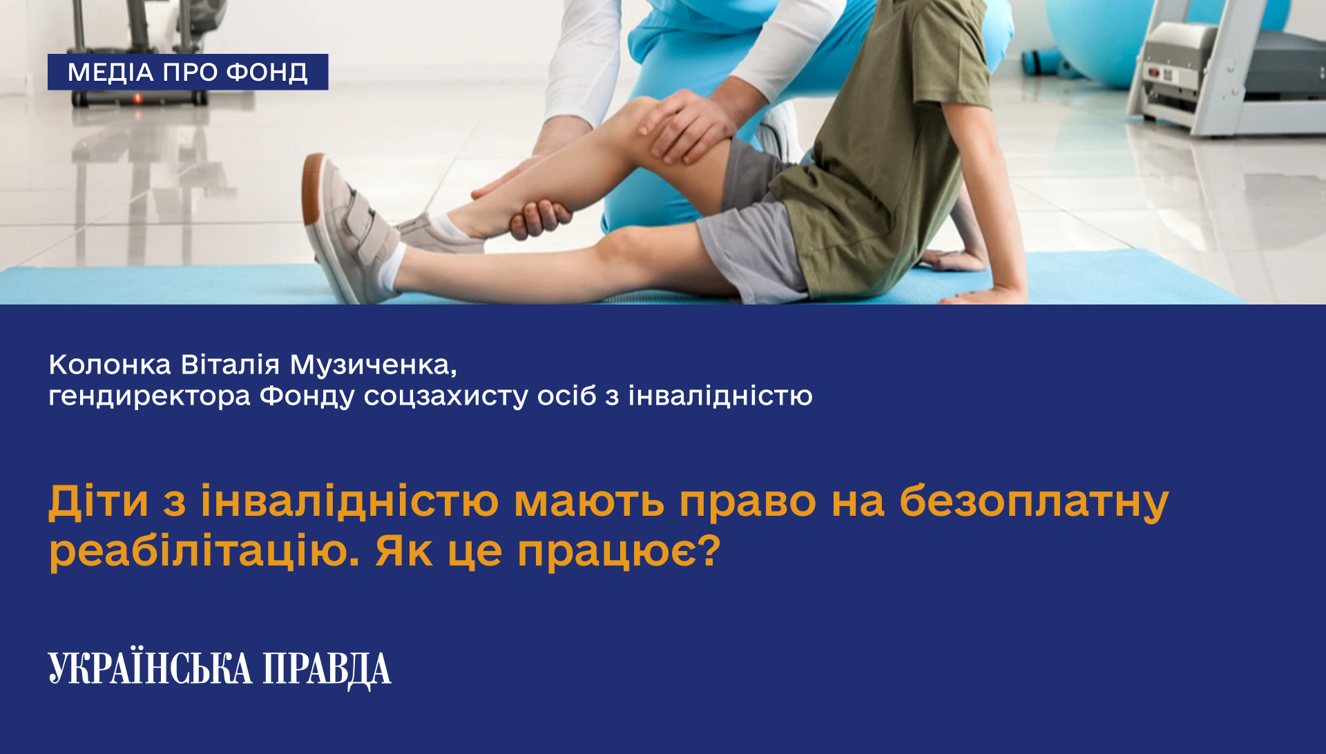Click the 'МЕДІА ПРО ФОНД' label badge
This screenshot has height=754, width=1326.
(188, 72)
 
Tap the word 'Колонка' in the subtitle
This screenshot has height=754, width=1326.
(110, 365)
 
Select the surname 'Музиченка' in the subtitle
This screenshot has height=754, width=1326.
(373, 365)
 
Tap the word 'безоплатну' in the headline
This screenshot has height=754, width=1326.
(1034, 503)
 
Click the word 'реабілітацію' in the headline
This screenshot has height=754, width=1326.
(204, 552)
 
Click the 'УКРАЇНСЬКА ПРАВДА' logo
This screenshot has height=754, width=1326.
(220, 669)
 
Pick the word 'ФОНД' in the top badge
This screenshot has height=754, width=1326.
(267, 72)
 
